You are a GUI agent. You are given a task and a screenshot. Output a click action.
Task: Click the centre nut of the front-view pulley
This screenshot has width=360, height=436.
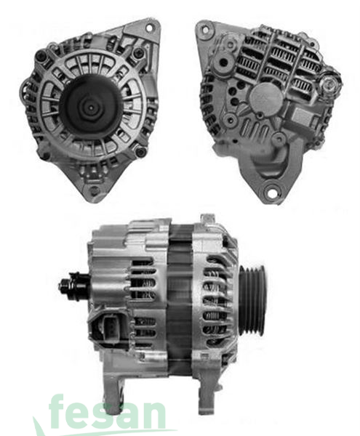[88, 106]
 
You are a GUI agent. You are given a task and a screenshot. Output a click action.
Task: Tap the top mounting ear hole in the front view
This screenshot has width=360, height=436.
[150, 28]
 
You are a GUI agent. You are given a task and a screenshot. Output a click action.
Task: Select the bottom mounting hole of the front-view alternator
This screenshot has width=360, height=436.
[93, 190]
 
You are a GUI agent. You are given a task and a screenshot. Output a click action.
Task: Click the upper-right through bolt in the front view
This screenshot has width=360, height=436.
[138, 53]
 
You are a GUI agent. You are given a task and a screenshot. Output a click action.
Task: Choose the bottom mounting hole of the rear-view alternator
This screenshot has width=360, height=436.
[271, 193]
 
